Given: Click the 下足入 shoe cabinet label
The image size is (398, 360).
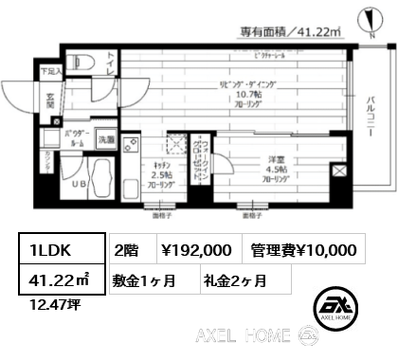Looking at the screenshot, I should [49, 70].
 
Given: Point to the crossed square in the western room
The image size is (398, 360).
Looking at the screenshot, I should [339, 171].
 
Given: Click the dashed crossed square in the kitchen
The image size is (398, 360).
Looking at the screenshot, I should [174, 145].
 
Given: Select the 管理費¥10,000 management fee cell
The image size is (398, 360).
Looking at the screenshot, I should [303, 250].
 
